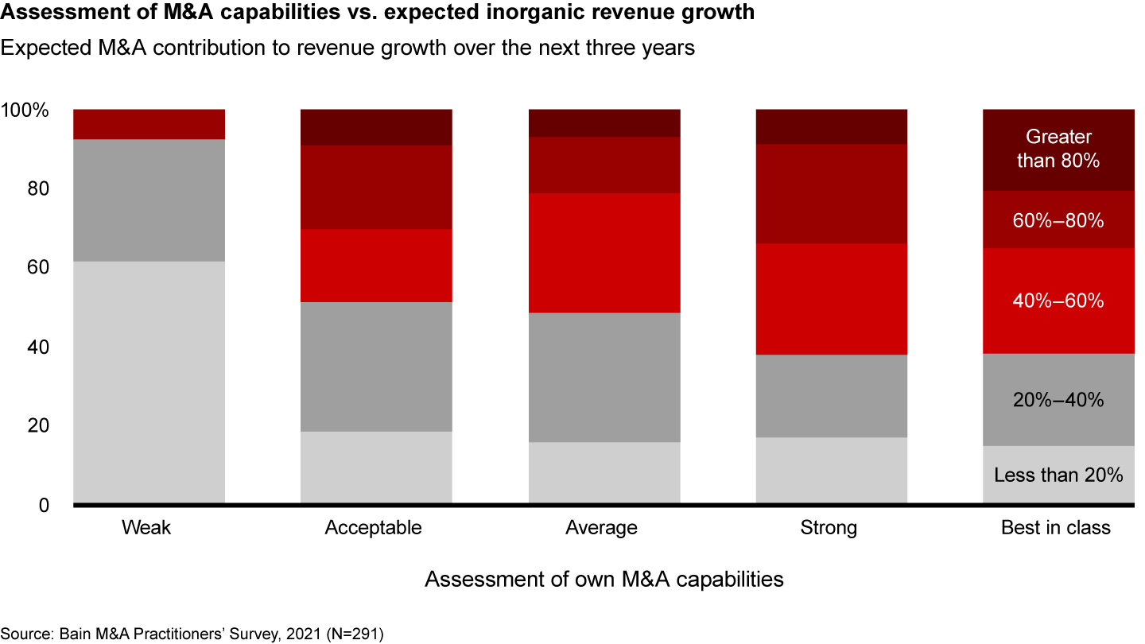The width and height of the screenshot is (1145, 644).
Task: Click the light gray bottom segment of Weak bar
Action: (x=149, y=382)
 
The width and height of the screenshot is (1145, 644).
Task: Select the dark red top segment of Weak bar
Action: (x=149, y=124)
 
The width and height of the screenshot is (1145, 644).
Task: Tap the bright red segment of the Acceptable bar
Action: (x=376, y=266)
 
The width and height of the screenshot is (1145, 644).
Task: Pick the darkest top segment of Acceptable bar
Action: (x=376, y=127)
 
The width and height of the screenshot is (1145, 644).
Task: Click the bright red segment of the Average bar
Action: (x=604, y=253)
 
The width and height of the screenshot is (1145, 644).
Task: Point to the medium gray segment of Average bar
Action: (x=604, y=377)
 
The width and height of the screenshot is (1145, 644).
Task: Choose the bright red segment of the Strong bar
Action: (x=832, y=299)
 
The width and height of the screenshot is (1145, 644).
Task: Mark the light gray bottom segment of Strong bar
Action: (x=832, y=470)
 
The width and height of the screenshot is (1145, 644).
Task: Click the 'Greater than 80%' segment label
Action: (x=1058, y=149)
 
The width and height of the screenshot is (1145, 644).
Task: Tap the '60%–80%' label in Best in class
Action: (x=1058, y=221)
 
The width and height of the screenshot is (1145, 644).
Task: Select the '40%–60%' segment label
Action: (x=1058, y=301)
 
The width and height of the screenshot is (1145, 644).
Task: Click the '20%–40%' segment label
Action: (x=1058, y=400)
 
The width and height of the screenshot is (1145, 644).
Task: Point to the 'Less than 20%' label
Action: (x=1058, y=475)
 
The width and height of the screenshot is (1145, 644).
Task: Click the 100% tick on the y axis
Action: (x=26, y=111)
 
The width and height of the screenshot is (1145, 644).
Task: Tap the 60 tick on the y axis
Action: (x=37, y=268)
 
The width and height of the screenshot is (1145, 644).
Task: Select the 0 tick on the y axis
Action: (x=44, y=505)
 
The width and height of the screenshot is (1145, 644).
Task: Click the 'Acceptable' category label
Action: (x=373, y=528)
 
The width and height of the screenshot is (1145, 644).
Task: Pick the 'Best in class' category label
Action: (x=1055, y=528)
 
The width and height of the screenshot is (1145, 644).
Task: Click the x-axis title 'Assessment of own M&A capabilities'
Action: (x=604, y=580)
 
